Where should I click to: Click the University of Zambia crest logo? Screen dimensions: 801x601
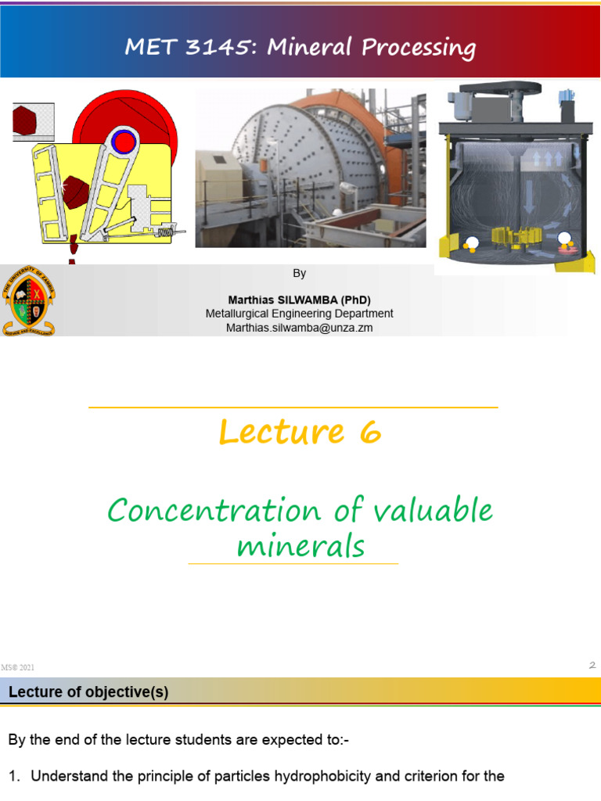click(30, 301)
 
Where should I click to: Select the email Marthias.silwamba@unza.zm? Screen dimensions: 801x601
click(299, 328)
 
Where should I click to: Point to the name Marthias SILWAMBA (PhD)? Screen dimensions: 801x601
click(299, 300)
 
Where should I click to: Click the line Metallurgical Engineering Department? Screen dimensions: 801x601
click(299, 314)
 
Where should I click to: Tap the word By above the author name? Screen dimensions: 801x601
click(299, 273)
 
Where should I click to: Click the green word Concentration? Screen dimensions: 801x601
click(214, 511)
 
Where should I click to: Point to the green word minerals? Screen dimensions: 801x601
click(300, 545)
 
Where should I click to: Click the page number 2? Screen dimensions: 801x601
click(592, 665)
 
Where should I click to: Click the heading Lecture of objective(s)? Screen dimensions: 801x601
click(88, 692)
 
